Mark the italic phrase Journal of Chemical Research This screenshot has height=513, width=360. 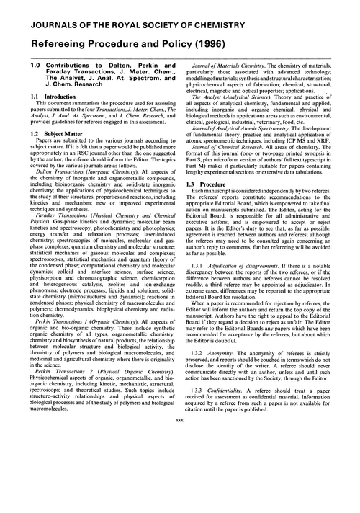coord(231,146)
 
